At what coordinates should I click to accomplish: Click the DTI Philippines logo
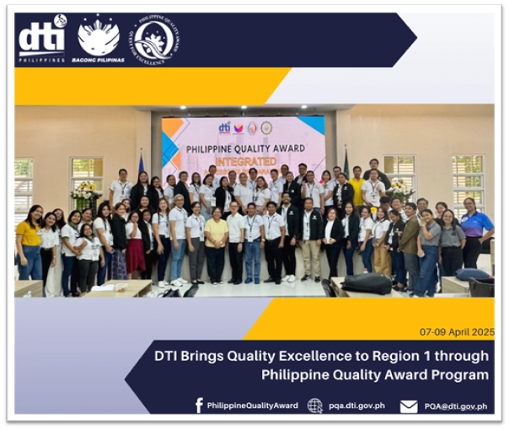click(x=42, y=39)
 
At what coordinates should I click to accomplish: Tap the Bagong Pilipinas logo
click(x=99, y=39)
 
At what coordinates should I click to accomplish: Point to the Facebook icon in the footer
click(x=199, y=406)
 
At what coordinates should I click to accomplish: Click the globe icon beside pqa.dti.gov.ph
click(x=315, y=406)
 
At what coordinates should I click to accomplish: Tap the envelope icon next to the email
click(x=409, y=406)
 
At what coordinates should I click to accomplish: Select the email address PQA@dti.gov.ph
click(x=455, y=406)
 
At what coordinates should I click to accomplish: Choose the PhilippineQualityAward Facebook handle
click(x=252, y=406)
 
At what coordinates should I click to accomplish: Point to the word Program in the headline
click(x=460, y=374)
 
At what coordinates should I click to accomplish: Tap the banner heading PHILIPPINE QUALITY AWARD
click(x=244, y=147)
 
